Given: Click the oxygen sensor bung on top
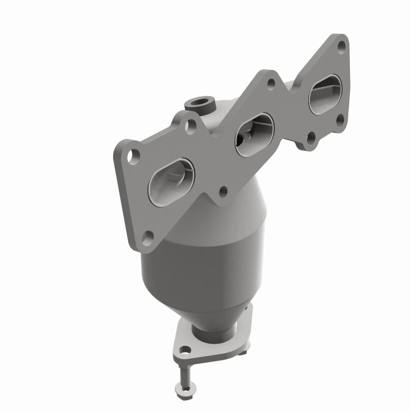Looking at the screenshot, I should click(199, 103).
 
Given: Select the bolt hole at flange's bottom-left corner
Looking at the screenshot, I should click(148, 236).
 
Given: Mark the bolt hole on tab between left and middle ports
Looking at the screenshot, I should click(222, 191).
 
